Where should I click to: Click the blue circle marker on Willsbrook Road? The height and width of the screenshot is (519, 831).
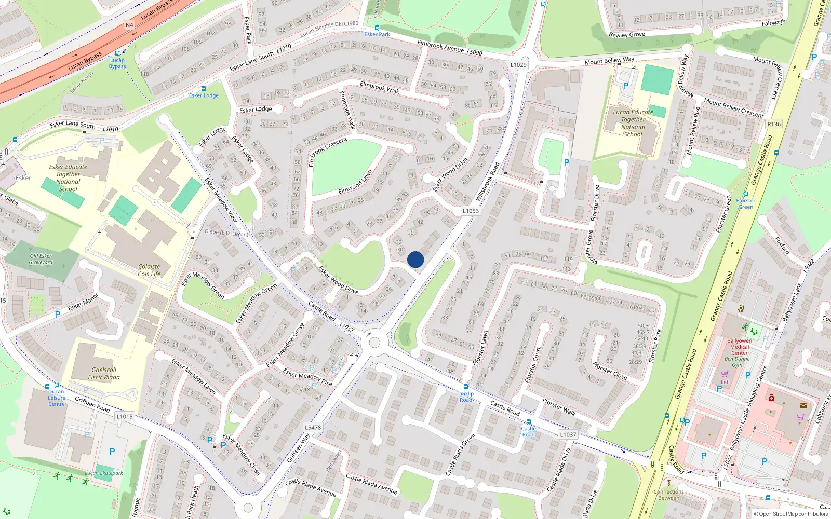coord(415,259)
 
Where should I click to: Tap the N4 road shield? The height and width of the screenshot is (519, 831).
coord(129,25)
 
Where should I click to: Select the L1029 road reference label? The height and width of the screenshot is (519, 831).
coord(518,65)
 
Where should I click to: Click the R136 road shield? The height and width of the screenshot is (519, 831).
coord(774,124)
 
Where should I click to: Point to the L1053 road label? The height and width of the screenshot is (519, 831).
coord(471,211)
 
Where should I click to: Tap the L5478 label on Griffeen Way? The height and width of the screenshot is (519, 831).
coord(313,428)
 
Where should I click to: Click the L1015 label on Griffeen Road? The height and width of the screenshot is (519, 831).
coord(125,416)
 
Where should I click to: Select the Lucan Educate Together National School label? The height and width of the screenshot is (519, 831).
coord(633,123)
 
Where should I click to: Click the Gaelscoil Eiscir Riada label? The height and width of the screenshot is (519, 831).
coord(104,374)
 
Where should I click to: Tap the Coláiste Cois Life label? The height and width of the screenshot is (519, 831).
coord(149,270)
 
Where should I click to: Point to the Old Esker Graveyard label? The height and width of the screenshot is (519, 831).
coord(41,259)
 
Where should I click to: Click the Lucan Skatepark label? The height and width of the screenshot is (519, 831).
coord(104,473)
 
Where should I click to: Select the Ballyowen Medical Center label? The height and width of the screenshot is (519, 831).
coord(740,347)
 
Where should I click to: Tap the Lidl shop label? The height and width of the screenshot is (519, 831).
coord(725,382)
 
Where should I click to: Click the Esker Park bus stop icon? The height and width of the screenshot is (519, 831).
coord(377,28)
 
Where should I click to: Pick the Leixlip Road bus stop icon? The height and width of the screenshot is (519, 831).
coord(466,387)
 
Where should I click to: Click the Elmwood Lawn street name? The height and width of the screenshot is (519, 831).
coord(355,182)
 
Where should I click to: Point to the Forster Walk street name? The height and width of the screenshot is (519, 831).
coord(559,407)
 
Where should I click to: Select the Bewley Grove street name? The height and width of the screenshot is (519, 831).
coord(627,35)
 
